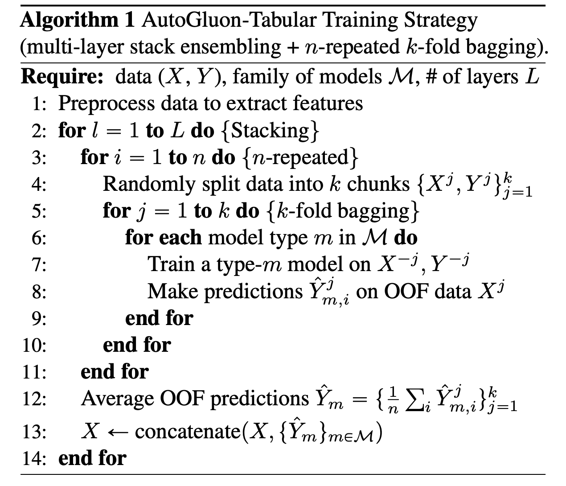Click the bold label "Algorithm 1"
(x=77, y=21)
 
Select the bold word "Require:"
(x=62, y=77)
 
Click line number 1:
(x=39, y=104)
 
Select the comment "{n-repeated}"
(x=301, y=157)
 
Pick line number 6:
(x=39, y=238)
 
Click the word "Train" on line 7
(x=166, y=264)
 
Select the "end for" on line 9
(x=159, y=318)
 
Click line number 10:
(x=35, y=345)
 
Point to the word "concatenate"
(x=186, y=431)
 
